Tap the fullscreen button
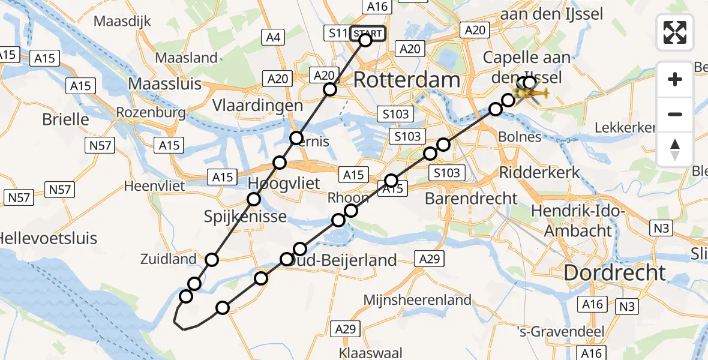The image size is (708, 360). [x=675, y=32]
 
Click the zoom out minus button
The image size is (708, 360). [x=675, y=114]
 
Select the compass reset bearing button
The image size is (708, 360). [x=675, y=149]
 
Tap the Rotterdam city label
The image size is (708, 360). [x=407, y=80]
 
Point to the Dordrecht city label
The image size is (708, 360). [x=615, y=273]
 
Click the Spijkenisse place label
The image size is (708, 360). [x=254, y=217]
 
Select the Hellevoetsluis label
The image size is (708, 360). [x=48, y=238]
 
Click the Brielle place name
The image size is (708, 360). [x=65, y=119]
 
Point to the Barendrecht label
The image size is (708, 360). [x=471, y=198]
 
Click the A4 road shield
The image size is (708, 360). [x=273, y=38]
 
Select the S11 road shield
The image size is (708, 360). [x=336, y=33]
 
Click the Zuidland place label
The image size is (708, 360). [x=169, y=259]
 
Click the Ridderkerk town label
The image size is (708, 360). [x=539, y=173]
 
